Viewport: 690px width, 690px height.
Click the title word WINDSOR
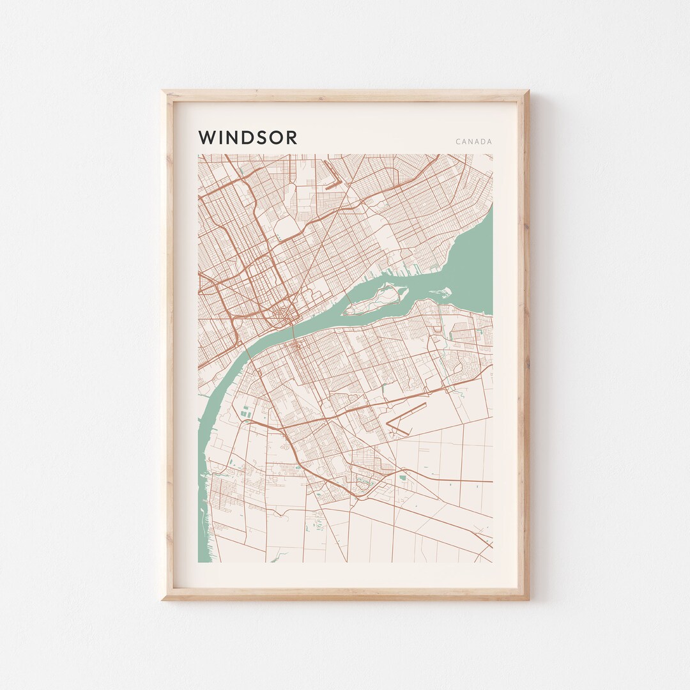click(x=248, y=137)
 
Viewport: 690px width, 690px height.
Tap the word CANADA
click(x=473, y=141)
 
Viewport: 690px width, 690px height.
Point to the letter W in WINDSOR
click(x=206, y=137)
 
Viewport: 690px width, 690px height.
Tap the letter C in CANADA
click(x=458, y=141)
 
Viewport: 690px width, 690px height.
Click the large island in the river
click(x=377, y=300)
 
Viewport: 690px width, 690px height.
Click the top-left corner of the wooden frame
click(x=164, y=92)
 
